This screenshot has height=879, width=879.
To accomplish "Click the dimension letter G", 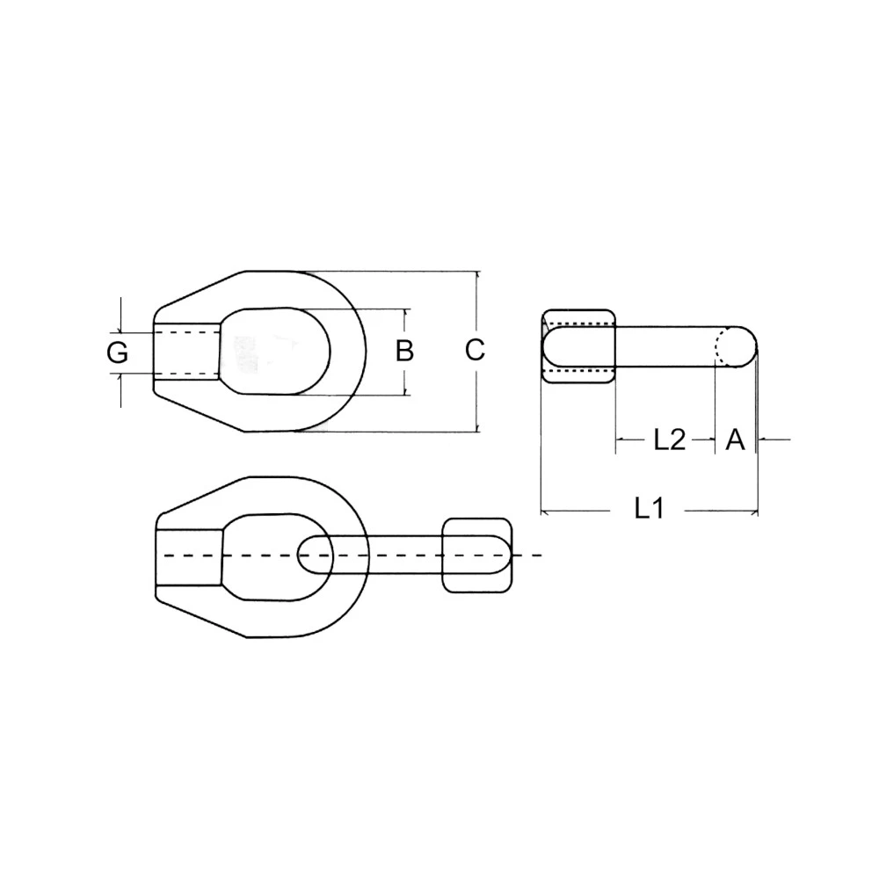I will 118,353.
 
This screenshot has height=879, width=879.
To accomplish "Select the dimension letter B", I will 404,351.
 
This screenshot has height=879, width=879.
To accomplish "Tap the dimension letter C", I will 475,350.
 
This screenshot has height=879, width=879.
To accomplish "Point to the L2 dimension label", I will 669,439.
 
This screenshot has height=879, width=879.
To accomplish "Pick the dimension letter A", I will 735,439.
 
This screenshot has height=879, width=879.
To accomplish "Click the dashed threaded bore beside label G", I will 186,352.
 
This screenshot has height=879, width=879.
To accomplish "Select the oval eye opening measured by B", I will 274,351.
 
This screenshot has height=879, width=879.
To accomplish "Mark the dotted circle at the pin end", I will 730,345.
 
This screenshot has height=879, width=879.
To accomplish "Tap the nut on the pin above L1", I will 578,346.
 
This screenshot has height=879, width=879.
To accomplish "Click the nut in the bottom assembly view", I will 476,556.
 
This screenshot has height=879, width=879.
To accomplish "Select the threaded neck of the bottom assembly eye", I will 189,556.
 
